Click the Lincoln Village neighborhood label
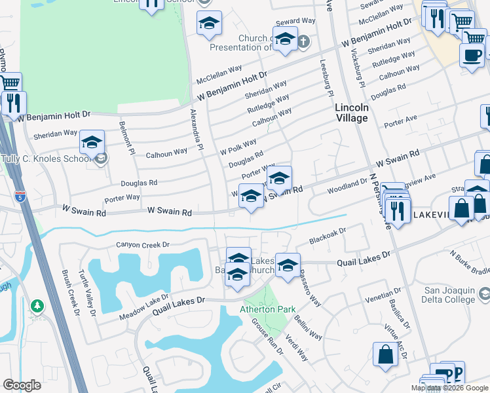[x=351, y=113]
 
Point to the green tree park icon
[x=38, y=305]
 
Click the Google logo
[x=22, y=385]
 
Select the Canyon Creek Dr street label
[x=143, y=245]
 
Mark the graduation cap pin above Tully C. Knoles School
[x=92, y=143]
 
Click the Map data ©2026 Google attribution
[x=450, y=388]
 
